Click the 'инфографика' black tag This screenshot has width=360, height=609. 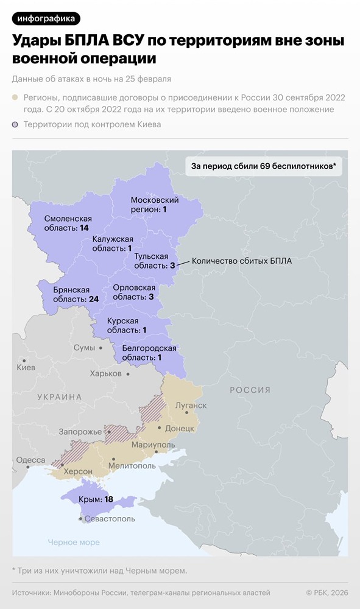point(46,18)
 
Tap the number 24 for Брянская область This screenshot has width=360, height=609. point(93,300)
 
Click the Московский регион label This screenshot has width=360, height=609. point(155,205)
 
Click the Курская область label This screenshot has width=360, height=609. point(127,325)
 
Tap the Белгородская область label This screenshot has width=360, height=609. point(149,353)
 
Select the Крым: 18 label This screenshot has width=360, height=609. point(96,499)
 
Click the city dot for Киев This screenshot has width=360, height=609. point(24,361)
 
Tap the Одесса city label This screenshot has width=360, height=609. point(30,460)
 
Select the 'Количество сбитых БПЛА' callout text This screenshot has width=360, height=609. point(242,261)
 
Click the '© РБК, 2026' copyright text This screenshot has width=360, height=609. point(326,593)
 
